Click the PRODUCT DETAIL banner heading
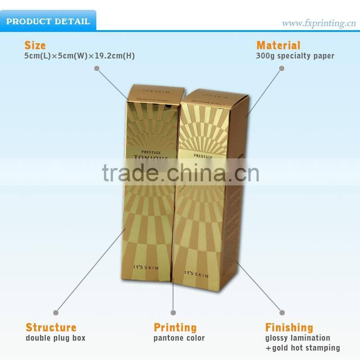48,22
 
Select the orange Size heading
35,45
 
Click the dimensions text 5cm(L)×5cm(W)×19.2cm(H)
80,56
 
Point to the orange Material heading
278,45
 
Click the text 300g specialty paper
295,56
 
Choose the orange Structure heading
51,327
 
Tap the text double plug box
55,338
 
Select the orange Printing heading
175,327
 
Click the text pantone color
179,338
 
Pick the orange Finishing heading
289,327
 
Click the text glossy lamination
297,338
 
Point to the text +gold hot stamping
302,348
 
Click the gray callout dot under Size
96,68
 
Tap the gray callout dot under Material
282,68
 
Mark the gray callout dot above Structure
56,312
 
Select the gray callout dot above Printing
173,312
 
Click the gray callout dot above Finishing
282,312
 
